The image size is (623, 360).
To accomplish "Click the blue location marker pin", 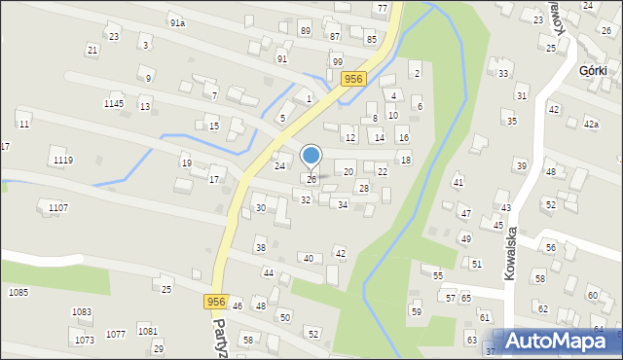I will point(311,157).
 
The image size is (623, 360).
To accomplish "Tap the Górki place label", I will point(593,71).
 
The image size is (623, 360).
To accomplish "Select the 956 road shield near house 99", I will point(353,80).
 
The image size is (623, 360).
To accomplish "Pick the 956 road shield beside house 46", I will point(216,303).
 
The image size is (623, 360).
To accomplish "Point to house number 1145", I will point(114,103).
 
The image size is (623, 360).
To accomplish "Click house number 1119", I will point(63,160).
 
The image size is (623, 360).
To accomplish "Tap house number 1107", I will point(57,207).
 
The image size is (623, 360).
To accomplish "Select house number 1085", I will point(18,292).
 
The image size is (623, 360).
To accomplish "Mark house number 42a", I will point(591,125).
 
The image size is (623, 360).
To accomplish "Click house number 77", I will point(381,8).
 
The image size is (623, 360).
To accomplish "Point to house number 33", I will point(503,73).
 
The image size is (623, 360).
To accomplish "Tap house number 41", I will point(458,182).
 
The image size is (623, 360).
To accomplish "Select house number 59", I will point(416,311).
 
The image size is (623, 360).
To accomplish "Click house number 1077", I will point(115,334).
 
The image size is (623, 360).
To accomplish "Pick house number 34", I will point(342,204).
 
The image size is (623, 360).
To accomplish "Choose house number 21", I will point(92,50).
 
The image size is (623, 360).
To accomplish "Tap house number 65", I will point(466,297).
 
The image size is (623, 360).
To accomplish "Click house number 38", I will point(260,247).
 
